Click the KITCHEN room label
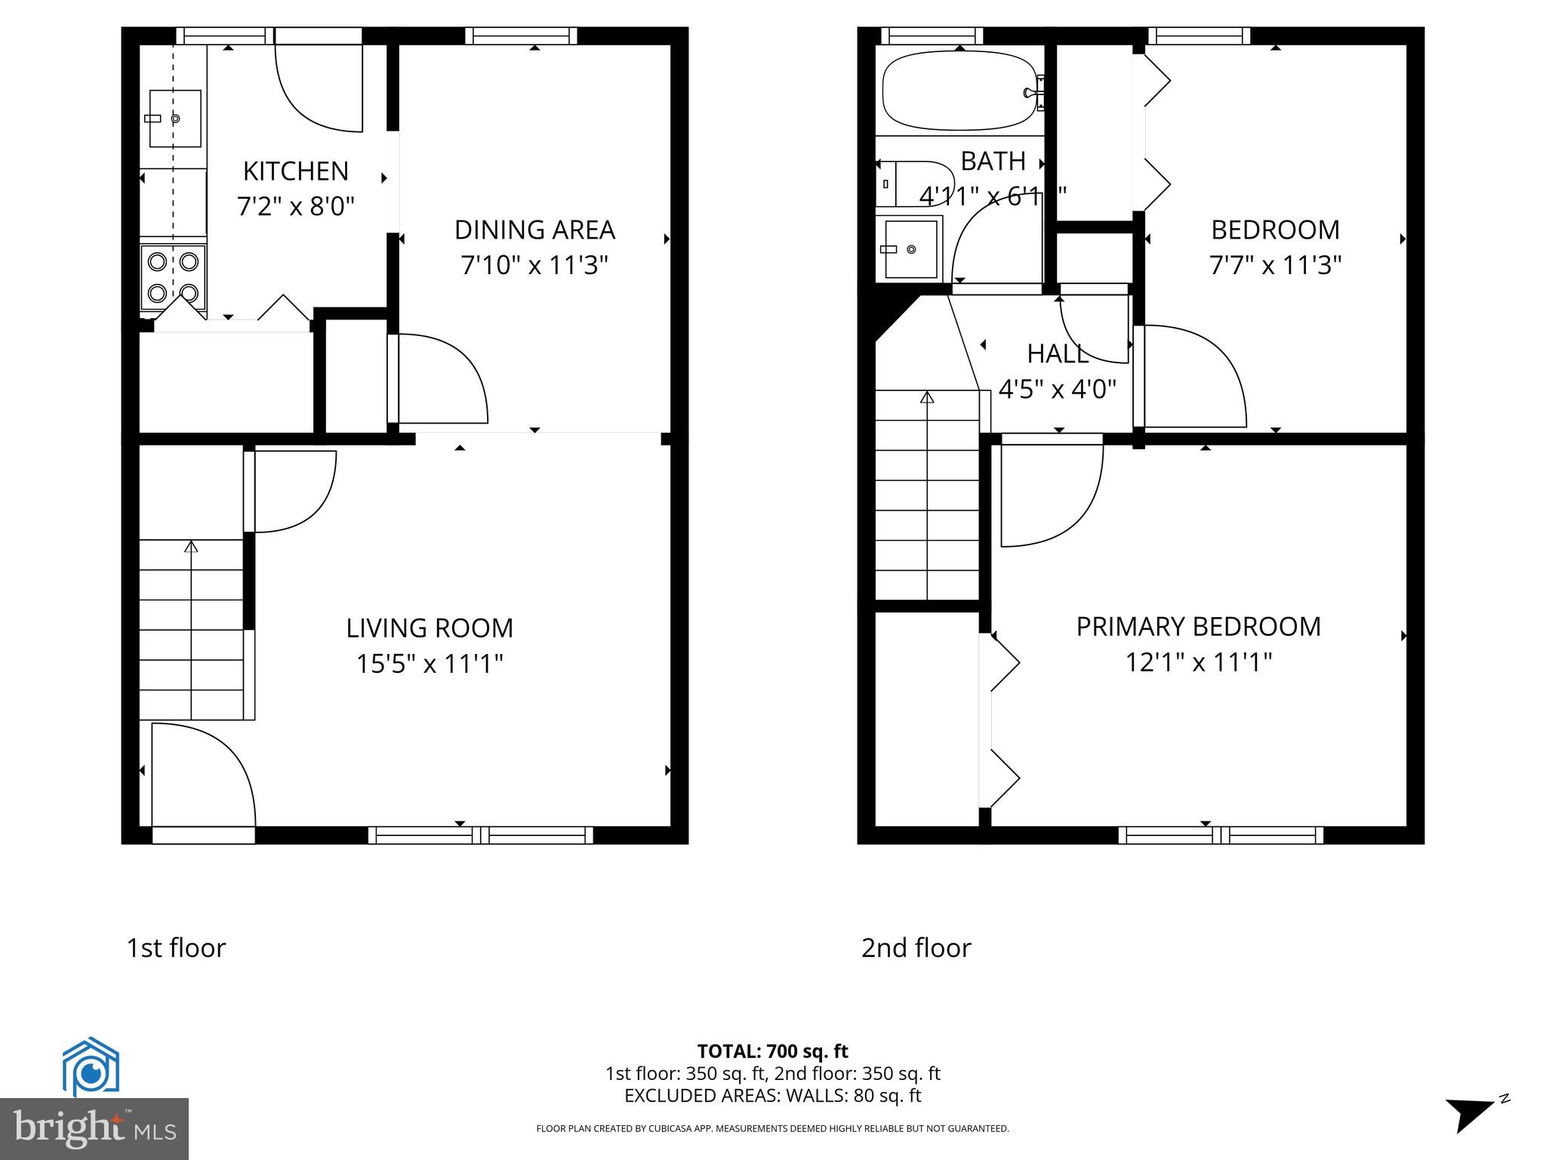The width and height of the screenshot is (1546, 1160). pos(295,171)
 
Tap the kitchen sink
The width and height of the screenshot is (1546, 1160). pos(174,119)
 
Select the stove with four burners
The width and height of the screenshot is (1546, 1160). pos(173,277)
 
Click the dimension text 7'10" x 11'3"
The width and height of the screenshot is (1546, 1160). pos(534,266)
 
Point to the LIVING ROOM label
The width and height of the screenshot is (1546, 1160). pos(430,628)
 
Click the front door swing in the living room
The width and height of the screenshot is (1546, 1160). pos(202,774)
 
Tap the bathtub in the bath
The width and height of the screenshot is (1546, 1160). pos(958,91)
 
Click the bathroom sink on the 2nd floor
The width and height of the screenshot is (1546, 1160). pos(909,248)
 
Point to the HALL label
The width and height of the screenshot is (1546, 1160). pos(1057,353)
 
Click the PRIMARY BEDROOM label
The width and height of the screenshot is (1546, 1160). pos(1198,627)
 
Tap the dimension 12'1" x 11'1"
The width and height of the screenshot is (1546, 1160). pos(1198,663)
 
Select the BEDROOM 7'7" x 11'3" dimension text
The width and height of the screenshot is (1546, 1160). pos(1274,266)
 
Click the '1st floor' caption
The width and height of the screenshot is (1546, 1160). pos(176,948)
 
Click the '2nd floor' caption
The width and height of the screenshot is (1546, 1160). pos(916,948)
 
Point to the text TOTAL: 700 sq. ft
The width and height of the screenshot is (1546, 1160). pos(772,1051)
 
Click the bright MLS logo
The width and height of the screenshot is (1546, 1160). pos(94,1128)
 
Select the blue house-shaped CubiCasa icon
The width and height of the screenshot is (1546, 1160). pos(91,1066)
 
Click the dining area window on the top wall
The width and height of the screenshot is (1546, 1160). pos(521,35)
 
